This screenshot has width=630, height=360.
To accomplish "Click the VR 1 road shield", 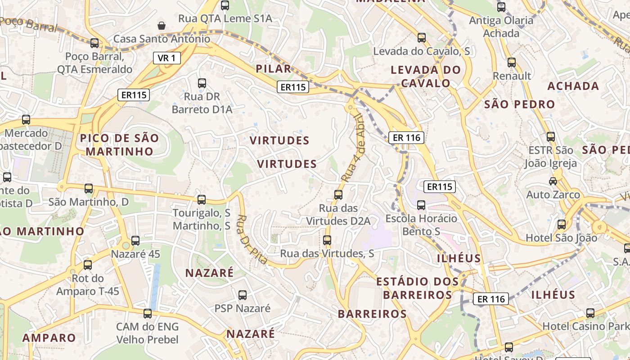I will [166, 58].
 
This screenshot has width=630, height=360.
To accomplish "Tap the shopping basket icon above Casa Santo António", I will [162, 26].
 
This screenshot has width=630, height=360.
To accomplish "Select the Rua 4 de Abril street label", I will [354, 148].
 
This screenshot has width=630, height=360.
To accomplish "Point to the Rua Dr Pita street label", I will [252, 239].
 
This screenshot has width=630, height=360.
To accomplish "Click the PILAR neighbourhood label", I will [274, 69].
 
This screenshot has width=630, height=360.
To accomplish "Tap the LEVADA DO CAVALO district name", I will [426, 76].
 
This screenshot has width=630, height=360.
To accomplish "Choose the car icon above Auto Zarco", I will [553, 181].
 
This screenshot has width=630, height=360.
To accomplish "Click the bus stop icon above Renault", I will [512, 63].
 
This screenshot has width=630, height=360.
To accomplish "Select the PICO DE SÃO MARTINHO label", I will [120, 144].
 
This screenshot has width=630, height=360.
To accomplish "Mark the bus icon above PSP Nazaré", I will [243, 295].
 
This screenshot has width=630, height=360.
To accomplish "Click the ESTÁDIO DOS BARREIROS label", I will [417, 288].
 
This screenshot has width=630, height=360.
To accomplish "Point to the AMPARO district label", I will [49, 338].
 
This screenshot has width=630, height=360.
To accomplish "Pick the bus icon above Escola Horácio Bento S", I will [421, 205].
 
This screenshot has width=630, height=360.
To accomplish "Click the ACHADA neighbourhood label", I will [573, 86].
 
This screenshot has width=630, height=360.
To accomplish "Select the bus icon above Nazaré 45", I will [135, 241].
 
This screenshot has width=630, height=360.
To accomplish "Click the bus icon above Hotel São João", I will [562, 225].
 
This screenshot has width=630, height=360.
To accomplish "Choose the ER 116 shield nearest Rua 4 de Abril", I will [406, 138].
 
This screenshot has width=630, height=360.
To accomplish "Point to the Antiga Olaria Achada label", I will [501, 27].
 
